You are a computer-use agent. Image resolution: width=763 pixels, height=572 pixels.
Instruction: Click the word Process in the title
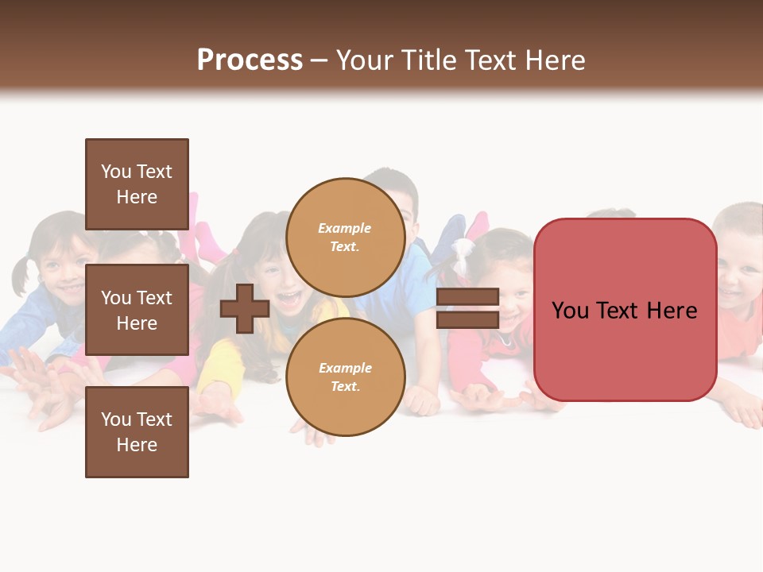coord(250,60)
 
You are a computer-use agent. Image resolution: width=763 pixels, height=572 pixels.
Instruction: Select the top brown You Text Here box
coord(137,184)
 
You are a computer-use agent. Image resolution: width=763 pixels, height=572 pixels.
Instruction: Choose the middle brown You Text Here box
coord(137,310)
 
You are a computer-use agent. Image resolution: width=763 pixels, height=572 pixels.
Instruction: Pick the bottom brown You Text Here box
coord(137,432)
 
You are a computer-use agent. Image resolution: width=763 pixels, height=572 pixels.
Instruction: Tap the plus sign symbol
coord(245,309)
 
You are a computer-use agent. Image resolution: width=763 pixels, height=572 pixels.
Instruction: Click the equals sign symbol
coord(467,309)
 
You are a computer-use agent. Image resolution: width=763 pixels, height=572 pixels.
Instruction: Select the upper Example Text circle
coord(345,238)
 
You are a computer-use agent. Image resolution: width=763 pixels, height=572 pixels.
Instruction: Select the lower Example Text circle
coord(345,377)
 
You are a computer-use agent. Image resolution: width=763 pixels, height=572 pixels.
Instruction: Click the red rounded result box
coord(625,310)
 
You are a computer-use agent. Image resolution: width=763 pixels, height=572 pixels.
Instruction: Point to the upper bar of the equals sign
coord(467,297)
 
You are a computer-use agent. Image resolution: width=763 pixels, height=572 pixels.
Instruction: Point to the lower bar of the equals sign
coord(467,320)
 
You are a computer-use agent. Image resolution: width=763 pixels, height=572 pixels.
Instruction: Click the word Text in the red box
coord(624,311)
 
